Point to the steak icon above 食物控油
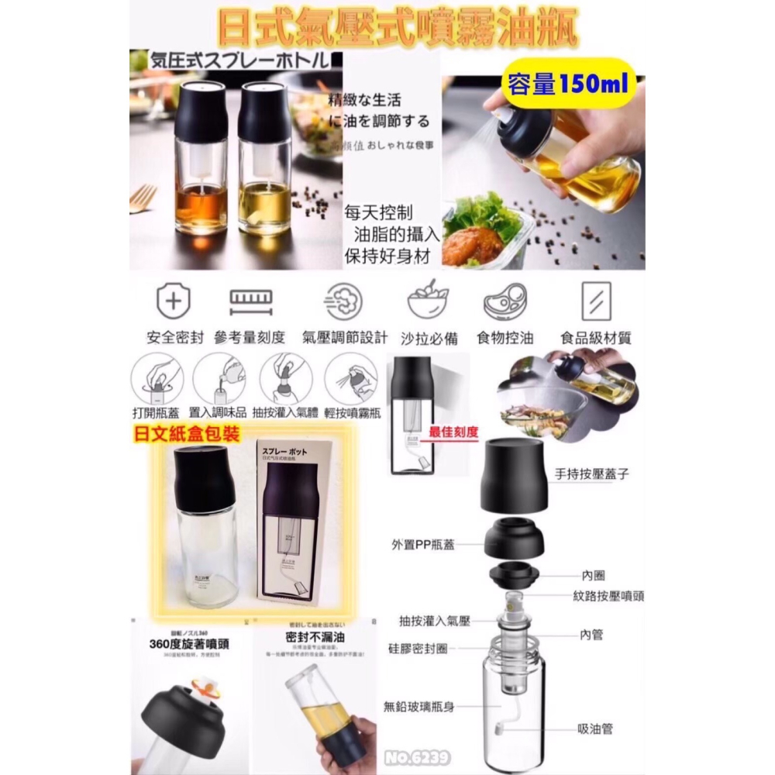[x=505, y=300]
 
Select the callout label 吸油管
[x=597, y=729]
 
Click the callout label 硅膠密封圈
[x=422, y=646]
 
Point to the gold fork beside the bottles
[x=142, y=199]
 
